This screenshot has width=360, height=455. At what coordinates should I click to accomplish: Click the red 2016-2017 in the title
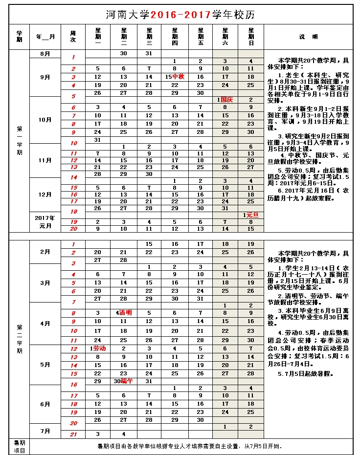click(x=180, y=15)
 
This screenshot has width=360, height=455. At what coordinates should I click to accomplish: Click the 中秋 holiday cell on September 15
click(x=175, y=77)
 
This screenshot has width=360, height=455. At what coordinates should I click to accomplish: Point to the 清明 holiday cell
click(x=123, y=313)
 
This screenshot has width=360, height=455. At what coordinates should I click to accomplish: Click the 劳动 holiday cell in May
click(x=98, y=348)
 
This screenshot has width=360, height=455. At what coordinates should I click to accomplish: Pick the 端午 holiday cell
click(x=123, y=381)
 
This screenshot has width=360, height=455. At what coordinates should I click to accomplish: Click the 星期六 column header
click(x=225, y=37)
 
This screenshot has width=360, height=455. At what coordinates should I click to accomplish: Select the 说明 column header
click(x=308, y=37)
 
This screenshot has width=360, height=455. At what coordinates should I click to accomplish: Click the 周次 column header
click(x=73, y=37)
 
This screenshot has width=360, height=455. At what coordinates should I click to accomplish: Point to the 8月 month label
click(x=45, y=53)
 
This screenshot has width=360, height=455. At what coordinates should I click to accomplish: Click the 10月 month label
click(x=45, y=120)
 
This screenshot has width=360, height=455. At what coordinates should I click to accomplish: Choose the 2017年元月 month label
click(x=45, y=221)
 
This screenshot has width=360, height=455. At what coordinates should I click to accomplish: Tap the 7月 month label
click(x=45, y=431)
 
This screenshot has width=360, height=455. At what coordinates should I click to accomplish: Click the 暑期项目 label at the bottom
click(x=19, y=446)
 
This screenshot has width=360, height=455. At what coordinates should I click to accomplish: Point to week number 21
click(x=73, y=434)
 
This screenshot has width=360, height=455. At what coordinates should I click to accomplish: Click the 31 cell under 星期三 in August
click(x=149, y=53)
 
